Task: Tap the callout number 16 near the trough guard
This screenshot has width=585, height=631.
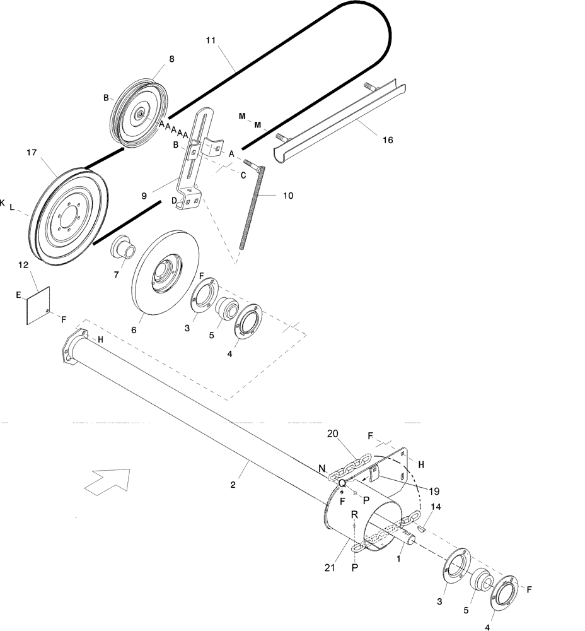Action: (x=388, y=139)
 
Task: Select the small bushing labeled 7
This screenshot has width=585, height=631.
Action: (x=123, y=246)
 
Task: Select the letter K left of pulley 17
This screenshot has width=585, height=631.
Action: (x=3, y=203)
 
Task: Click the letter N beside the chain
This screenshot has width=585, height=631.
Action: (x=322, y=468)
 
